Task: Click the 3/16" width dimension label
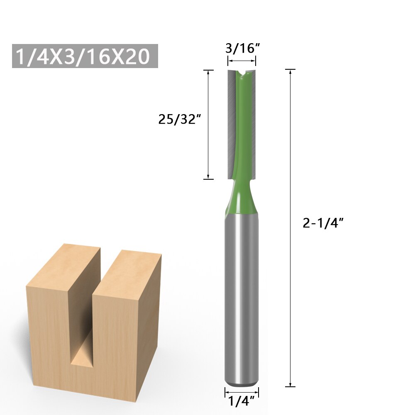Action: pyautogui.click(x=242, y=49)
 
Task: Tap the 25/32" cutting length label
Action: pyautogui.click(x=180, y=120)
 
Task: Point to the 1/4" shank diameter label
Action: pyautogui.click(x=242, y=401)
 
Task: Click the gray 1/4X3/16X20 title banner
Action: pyautogui.click(x=85, y=56)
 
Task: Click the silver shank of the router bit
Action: pyautogui.click(x=242, y=299)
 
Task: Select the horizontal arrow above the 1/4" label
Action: pyautogui.click(x=242, y=391)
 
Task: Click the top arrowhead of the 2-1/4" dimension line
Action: pyautogui.click(x=290, y=72)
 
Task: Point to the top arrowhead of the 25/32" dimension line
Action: pyautogui.click(x=208, y=73)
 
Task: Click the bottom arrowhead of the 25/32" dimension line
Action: pyautogui.click(x=208, y=176)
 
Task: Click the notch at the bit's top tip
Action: pyautogui.click(x=242, y=74)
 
